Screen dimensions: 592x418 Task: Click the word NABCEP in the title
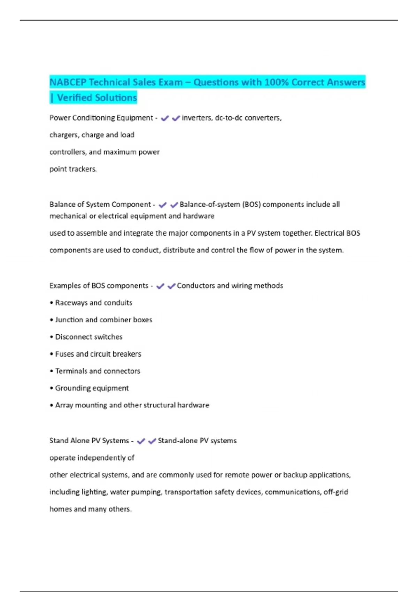click(x=68, y=82)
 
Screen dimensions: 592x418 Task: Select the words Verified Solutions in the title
click(x=97, y=98)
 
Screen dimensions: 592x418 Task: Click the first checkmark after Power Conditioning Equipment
click(x=165, y=118)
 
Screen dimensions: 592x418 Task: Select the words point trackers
click(x=73, y=169)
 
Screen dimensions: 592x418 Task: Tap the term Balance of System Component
click(x=100, y=204)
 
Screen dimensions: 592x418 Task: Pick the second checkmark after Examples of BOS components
click(x=171, y=286)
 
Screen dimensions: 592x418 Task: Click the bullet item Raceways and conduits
click(x=93, y=303)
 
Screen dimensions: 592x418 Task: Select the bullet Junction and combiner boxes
click(x=103, y=320)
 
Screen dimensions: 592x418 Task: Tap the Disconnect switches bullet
click(x=88, y=337)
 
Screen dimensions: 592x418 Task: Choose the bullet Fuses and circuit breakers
click(x=98, y=354)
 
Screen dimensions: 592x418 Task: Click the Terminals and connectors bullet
click(x=98, y=371)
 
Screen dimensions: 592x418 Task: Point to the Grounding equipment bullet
click(x=92, y=388)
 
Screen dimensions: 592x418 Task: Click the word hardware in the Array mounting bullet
click(x=193, y=405)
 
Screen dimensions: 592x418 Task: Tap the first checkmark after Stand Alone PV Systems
click(x=141, y=441)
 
